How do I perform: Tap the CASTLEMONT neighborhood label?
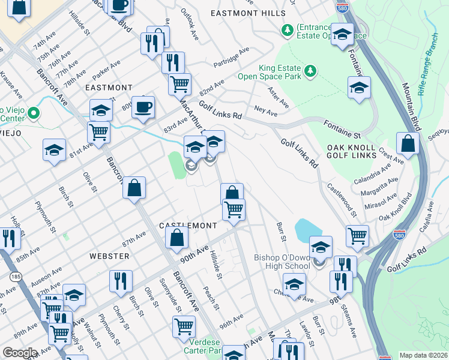coord(187,225)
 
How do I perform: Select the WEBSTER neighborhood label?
coord(109,256)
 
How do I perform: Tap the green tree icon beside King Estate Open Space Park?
coord(310,71)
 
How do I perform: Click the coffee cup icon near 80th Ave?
coord(143,108)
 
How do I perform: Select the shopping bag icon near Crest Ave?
coord(408,144)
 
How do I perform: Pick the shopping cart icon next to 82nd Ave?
coord(179,85)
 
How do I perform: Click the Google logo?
coord(20,353)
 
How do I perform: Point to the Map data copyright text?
coord(423,355)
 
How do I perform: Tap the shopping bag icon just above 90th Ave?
coord(177,238)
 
